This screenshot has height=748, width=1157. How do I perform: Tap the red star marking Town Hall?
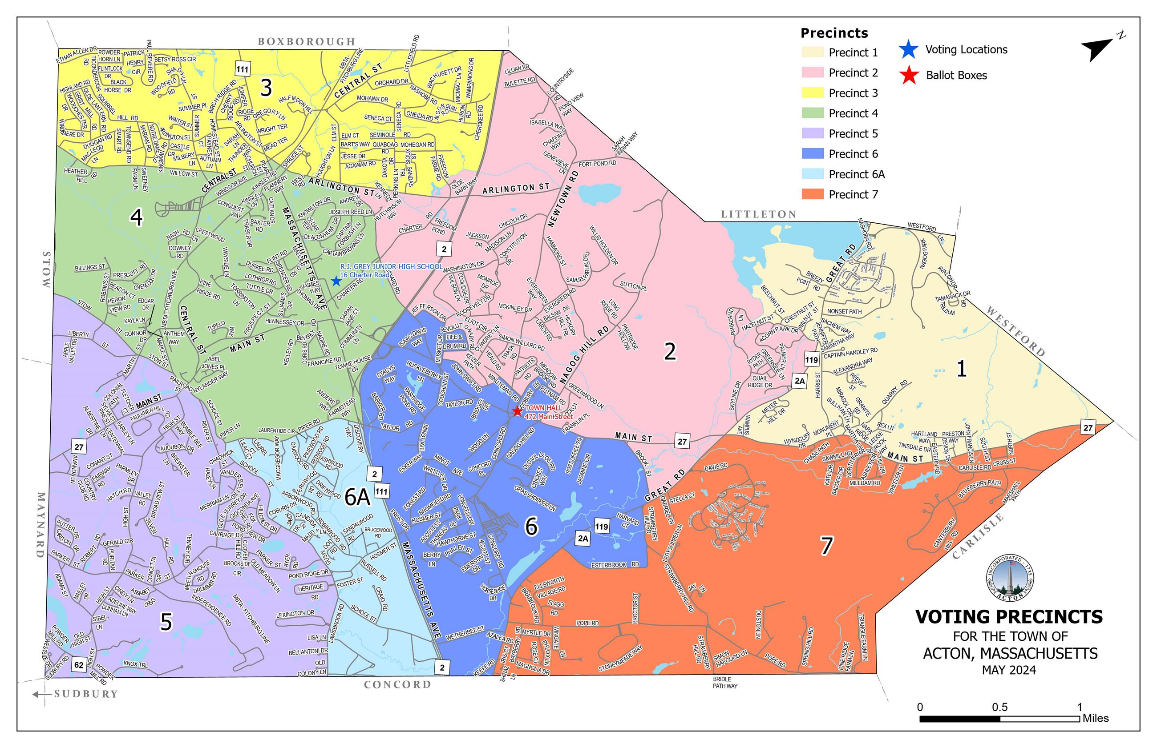coord(517,411)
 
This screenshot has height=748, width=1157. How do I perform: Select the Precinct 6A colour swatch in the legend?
coord(813,174)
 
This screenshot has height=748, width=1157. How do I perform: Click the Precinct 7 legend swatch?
coord(813,194)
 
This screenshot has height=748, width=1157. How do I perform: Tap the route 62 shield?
coord(79,664)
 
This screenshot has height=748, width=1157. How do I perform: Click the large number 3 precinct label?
coord(266,88)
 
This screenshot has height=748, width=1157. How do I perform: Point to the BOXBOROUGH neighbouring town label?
coord(306,42)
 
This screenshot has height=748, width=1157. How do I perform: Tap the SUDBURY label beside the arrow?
coord(86,694)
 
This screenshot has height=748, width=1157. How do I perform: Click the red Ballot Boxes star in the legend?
coord(909,75)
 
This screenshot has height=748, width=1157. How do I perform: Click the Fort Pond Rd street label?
coord(597,164)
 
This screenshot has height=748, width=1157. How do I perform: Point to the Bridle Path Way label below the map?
coord(724,683)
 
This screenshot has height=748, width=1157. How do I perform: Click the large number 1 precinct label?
coord(961,369)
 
